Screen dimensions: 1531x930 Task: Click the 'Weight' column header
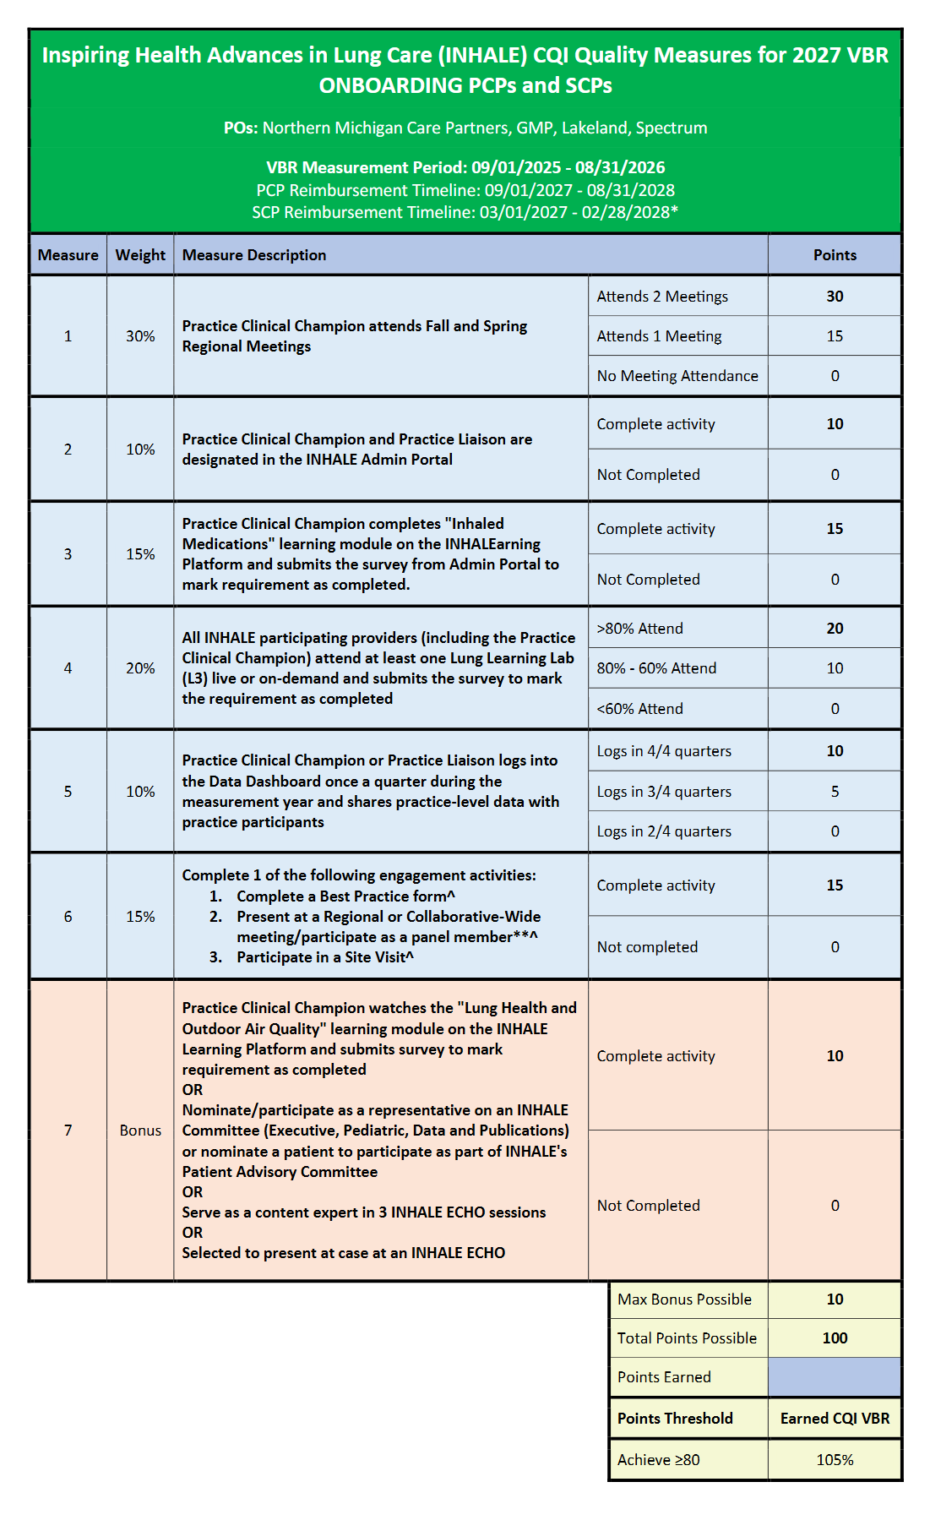(140, 255)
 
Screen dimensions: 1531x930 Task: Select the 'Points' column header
(834, 255)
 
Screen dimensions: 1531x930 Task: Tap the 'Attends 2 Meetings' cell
(661, 297)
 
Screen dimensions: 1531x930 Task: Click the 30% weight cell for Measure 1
(140, 336)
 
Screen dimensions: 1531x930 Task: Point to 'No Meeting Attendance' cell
(677, 376)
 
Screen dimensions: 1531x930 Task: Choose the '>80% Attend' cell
(639, 629)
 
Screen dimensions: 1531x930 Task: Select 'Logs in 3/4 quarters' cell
(664, 792)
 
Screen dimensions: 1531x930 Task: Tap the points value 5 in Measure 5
(834, 792)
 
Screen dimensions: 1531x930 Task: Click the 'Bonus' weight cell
(140, 1131)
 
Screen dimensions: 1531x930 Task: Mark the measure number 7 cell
(68, 1131)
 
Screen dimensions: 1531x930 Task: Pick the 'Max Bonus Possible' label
(684, 1299)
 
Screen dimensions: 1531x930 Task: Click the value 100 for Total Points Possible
(834, 1338)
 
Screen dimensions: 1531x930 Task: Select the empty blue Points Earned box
(834, 1377)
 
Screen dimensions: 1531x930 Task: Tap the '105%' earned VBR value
(834, 1460)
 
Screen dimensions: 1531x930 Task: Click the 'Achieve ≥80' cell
(658, 1460)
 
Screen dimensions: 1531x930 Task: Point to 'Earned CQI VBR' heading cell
(834, 1419)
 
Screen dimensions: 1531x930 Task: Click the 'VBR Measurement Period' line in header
(465, 167)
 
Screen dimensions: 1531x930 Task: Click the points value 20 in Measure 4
(834, 629)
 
